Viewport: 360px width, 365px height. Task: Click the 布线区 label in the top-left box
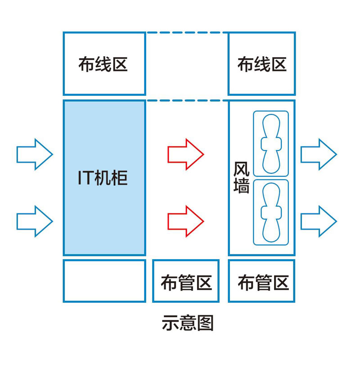[x=103, y=64]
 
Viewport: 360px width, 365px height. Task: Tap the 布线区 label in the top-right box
[x=262, y=64]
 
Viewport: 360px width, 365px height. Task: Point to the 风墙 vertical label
[x=242, y=177]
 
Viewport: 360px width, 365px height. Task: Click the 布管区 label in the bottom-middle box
[x=186, y=283]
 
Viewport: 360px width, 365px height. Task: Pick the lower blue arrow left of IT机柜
[x=35, y=221]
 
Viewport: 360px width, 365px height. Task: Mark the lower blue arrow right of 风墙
[x=318, y=221]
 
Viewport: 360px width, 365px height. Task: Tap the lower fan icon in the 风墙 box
[x=270, y=212]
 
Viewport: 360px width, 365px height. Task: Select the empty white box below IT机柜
[x=104, y=281]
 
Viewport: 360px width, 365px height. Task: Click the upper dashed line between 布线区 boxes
[x=187, y=32]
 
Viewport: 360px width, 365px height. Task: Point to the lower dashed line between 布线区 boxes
[x=187, y=100]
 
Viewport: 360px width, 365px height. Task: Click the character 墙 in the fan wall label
[x=242, y=186]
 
